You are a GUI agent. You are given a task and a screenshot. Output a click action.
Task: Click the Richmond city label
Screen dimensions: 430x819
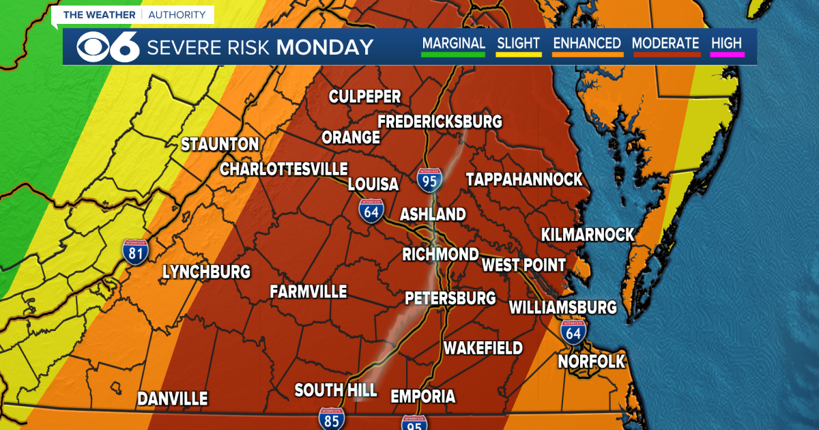(440, 255)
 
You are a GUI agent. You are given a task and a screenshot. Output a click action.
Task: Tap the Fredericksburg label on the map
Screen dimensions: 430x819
(440, 121)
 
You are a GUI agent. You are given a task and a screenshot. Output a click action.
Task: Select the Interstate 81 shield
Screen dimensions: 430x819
(136, 251)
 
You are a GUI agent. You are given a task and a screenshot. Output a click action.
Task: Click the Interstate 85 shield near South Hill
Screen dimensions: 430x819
(332, 418)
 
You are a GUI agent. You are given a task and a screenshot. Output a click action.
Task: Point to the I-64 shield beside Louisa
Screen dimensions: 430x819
(372, 210)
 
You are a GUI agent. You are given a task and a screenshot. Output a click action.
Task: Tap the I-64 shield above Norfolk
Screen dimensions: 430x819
(573, 332)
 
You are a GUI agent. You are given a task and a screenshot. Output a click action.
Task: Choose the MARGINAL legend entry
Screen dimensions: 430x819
(453, 44)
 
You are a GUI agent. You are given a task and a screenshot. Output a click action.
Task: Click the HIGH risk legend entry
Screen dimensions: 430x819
(726, 44)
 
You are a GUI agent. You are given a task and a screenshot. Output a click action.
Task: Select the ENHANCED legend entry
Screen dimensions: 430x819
(587, 44)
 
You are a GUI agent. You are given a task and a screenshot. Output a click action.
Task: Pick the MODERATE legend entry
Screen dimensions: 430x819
(665, 44)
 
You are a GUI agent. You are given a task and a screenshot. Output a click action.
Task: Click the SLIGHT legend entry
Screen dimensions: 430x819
(519, 44)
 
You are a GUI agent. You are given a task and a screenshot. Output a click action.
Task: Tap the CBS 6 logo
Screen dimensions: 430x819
(108, 47)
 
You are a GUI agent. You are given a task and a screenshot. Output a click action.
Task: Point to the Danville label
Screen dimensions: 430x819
(172, 399)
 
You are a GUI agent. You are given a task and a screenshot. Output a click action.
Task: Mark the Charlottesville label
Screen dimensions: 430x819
(284, 169)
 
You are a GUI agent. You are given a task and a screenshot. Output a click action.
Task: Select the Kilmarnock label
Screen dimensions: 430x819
(588, 235)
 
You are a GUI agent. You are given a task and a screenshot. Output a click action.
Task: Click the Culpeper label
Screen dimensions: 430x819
(364, 96)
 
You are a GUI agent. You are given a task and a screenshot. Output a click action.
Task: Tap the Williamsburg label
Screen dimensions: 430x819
(563, 307)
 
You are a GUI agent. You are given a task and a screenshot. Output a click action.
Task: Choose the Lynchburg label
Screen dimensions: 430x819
(206, 272)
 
